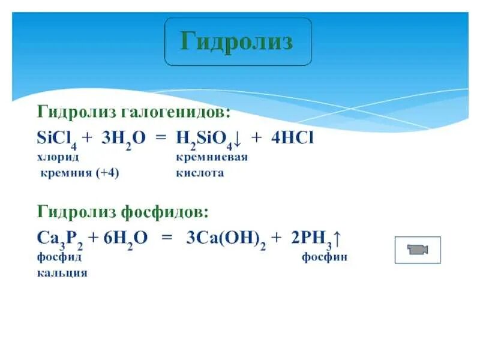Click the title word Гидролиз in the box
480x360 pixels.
click(x=238, y=42)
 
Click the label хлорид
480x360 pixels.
click(x=58, y=157)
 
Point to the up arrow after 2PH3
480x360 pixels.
click(x=337, y=239)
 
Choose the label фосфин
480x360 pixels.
click(x=325, y=257)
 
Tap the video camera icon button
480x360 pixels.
click(x=418, y=250)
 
